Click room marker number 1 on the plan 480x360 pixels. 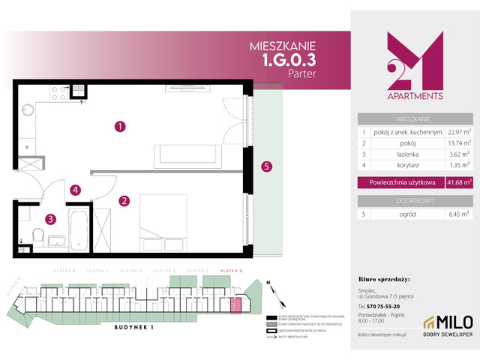(119, 127)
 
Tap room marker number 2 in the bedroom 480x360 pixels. (124, 200)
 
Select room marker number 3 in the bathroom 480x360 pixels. (49, 220)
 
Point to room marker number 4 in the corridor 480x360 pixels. (76, 190)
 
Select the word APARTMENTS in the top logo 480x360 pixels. (414, 96)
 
